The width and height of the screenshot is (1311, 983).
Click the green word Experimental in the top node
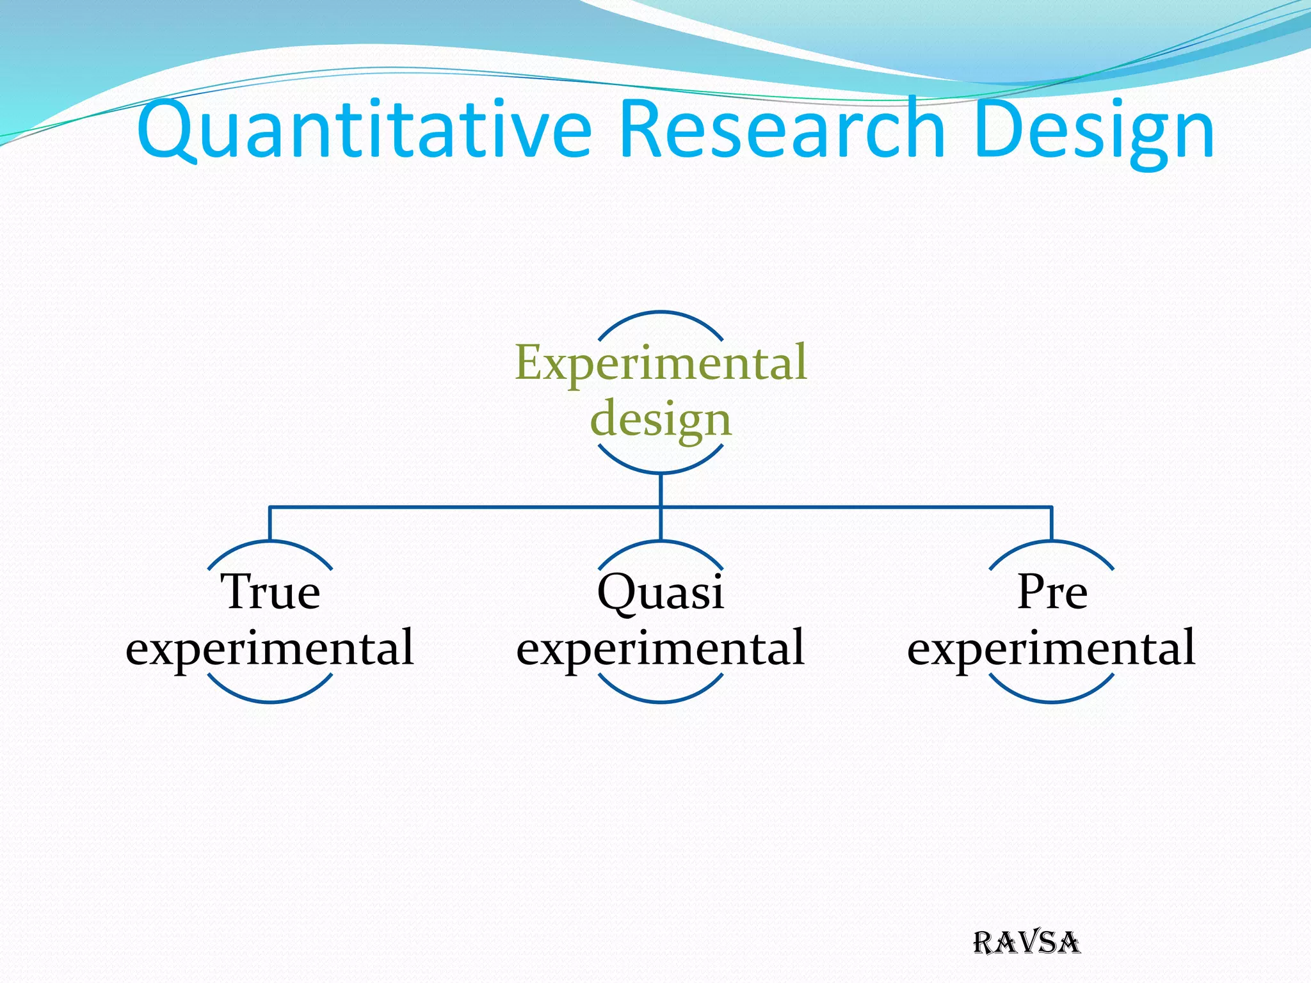click(661, 363)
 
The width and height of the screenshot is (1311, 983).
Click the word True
click(270, 591)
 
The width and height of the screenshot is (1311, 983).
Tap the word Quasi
click(661, 593)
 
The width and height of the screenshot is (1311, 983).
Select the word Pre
click(1052, 591)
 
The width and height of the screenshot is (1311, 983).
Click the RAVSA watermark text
click(1027, 943)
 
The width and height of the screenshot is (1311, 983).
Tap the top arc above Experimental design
click(661, 312)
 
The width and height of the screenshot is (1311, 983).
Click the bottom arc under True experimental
click(270, 701)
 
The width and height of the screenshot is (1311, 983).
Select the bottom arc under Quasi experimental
click(661, 701)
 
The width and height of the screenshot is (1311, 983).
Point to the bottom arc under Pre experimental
click(1052, 701)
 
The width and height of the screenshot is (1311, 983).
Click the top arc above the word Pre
click(1052, 542)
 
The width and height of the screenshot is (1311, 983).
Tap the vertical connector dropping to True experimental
click(270, 523)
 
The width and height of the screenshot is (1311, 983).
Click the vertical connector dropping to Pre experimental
click(1052, 523)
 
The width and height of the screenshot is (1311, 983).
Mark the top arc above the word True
click(270, 542)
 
